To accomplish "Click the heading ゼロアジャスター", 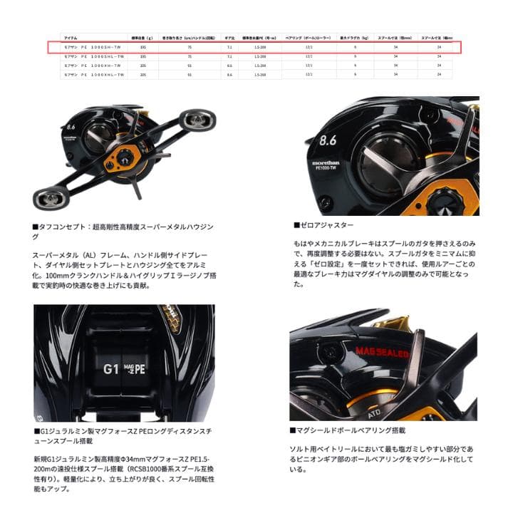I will (x=323, y=224).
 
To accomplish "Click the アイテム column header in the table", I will (x=71, y=37).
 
